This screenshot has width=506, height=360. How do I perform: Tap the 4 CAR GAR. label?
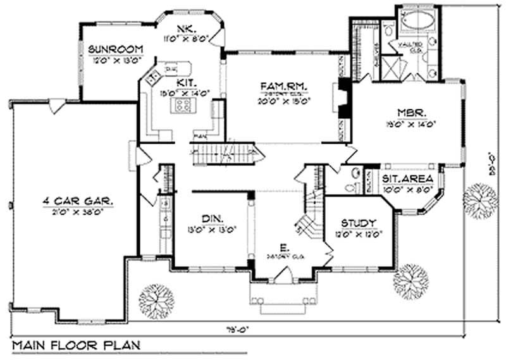(x=78, y=201)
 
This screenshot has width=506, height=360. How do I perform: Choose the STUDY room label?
(x=359, y=223)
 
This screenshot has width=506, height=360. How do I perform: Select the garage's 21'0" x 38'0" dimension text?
(x=78, y=212)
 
